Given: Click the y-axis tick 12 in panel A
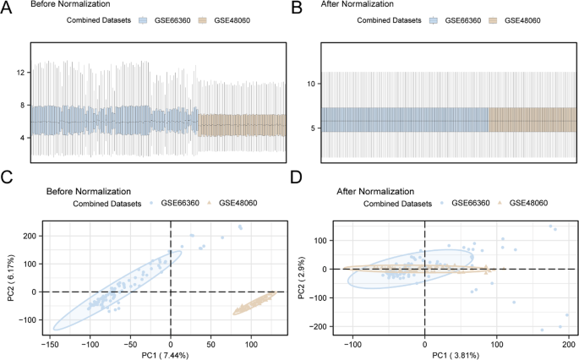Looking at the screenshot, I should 19,73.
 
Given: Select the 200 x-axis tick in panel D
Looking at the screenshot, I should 569,344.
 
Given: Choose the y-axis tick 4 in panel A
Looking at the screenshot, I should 21,137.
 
